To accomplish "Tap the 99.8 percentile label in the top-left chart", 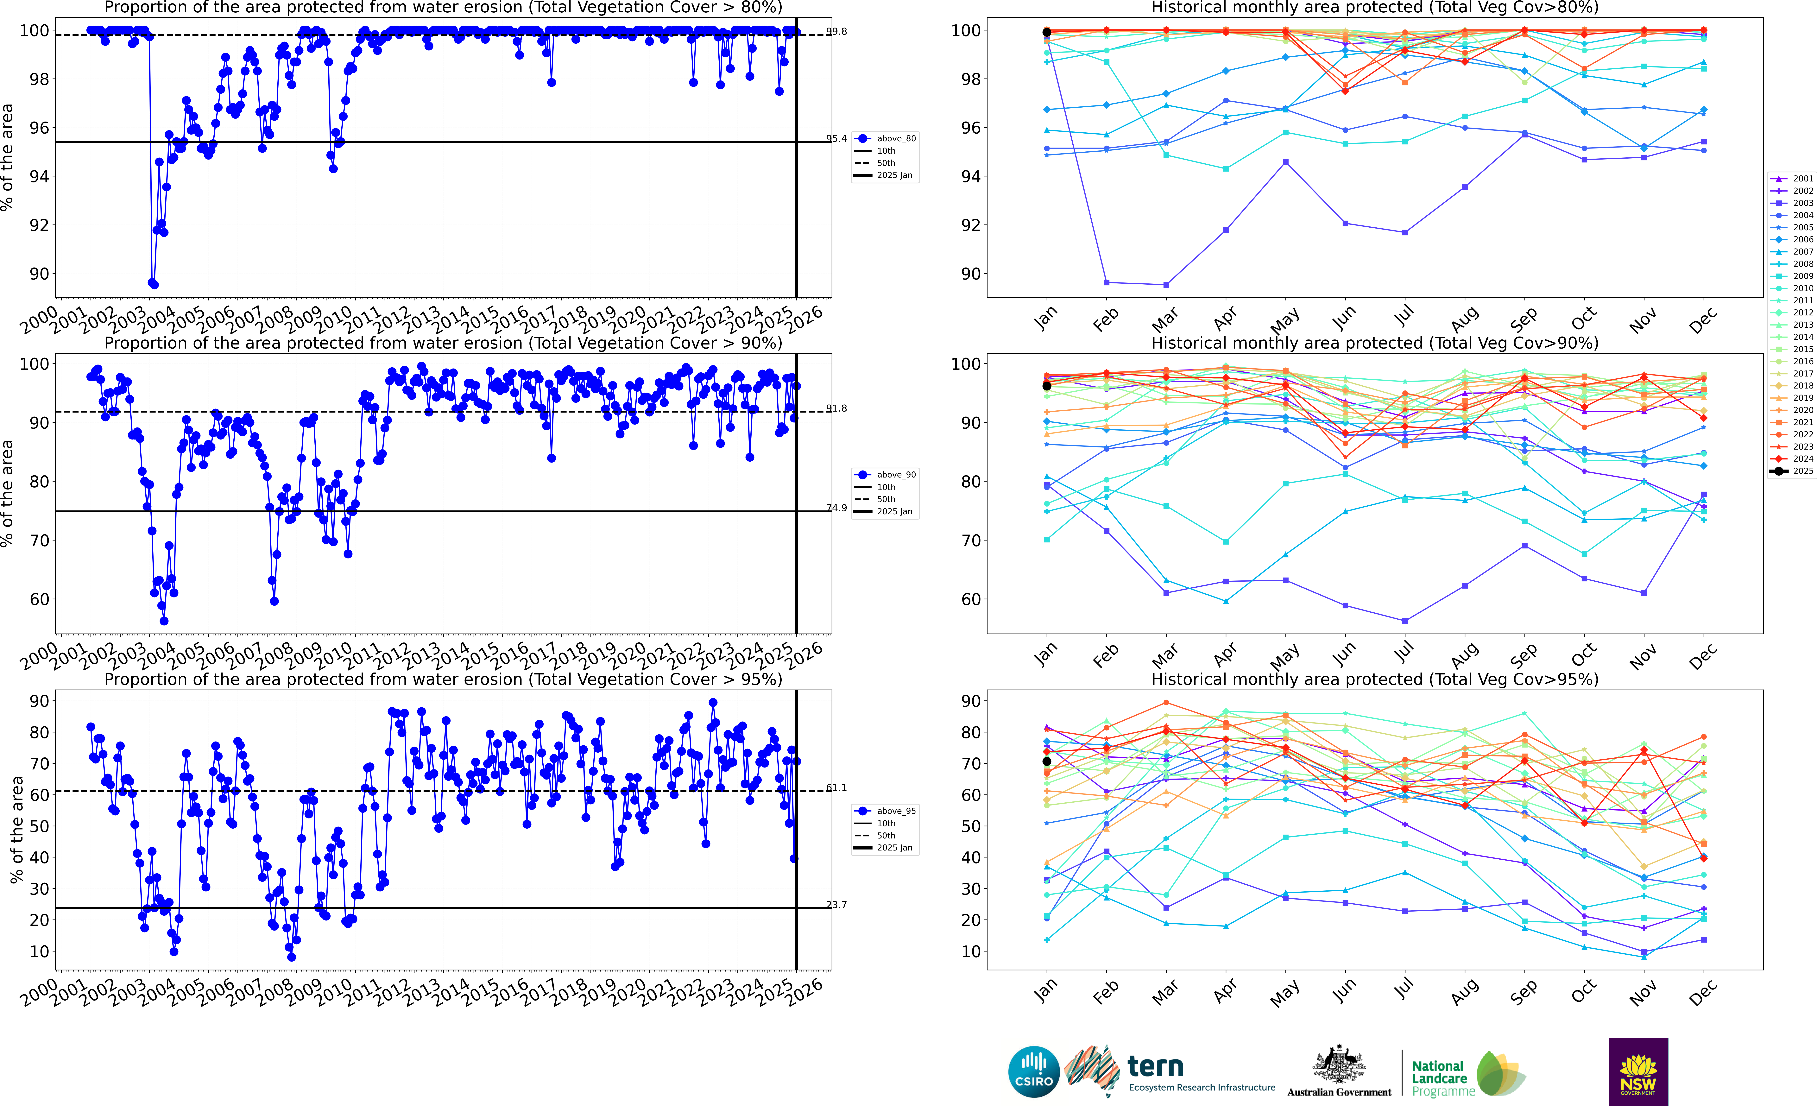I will click(836, 32).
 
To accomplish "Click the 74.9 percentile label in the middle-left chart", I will click(836, 508).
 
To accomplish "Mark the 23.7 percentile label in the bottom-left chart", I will click(836, 905).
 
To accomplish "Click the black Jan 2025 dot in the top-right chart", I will click(1046, 32).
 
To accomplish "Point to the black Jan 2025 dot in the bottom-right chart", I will click(1046, 762).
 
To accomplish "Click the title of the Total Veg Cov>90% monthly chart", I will click(1375, 343).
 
